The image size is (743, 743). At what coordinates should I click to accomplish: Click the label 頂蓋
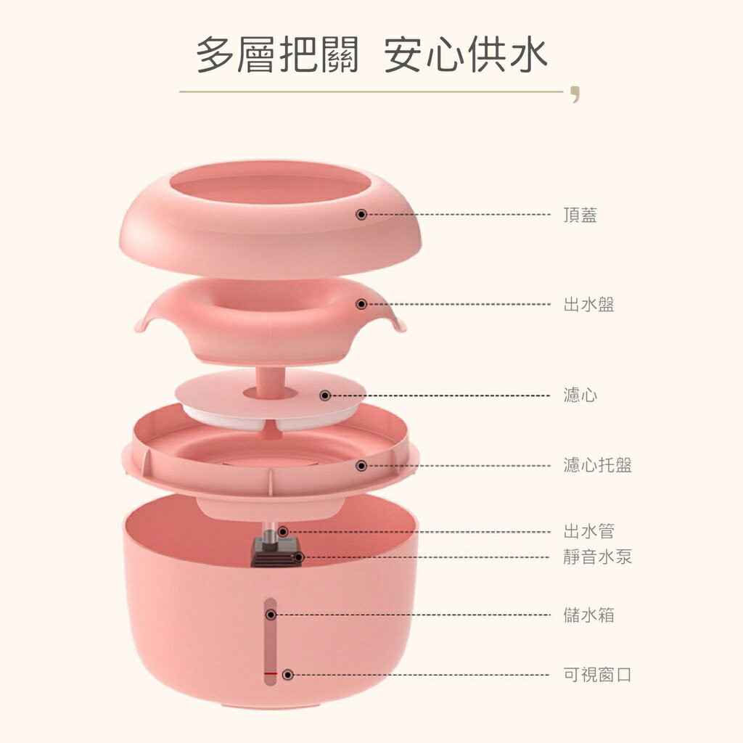click(x=580, y=215)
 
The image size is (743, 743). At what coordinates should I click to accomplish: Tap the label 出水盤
click(x=588, y=304)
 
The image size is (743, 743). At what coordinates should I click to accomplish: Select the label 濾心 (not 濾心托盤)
click(x=580, y=395)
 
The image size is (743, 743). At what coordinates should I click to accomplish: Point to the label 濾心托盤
click(x=598, y=465)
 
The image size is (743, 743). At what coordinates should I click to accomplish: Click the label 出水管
click(x=588, y=531)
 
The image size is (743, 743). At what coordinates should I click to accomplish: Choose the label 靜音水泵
click(x=598, y=557)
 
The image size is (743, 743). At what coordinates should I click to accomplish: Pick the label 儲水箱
click(x=588, y=615)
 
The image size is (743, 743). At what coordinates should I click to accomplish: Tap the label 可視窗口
click(x=598, y=674)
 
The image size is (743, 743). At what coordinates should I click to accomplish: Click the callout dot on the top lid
click(x=361, y=215)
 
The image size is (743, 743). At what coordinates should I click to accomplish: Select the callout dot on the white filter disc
click(x=325, y=395)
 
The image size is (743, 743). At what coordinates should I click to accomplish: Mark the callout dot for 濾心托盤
click(x=361, y=466)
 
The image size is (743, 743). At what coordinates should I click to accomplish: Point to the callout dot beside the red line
click(x=287, y=675)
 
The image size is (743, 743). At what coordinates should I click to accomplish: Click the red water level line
click(x=271, y=673)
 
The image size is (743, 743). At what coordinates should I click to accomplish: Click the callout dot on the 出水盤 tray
click(x=361, y=304)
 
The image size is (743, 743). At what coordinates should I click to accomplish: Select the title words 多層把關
click(x=278, y=56)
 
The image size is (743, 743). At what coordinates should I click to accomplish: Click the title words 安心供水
click(x=466, y=56)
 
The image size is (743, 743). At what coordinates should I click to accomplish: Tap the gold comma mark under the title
click(x=575, y=94)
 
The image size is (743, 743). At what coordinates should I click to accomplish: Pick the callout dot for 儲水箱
click(x=271, y=615)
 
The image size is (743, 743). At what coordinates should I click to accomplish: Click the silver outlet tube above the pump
click(x=270, y=535)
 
